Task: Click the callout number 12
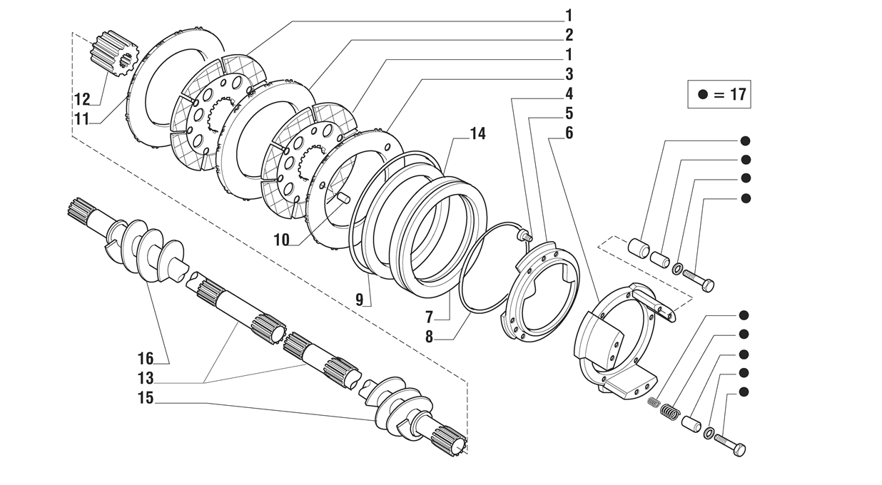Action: point(82,99)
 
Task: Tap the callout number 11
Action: point(82,119)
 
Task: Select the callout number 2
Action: point(569,36)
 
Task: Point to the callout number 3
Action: point(569,74)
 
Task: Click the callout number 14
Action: point(478,134)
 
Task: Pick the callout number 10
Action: point(282,240)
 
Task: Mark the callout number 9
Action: point(360,300)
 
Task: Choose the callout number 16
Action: point(146,359)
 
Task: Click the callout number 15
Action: point(146,398)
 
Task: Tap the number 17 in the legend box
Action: point(738,94)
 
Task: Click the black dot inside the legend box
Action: point(703,94)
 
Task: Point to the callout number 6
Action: point(569,133)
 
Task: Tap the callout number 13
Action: point(146,378)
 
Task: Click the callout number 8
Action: point(429,337)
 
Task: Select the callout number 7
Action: point(429,317)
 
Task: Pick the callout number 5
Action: point(569,113)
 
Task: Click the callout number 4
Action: point(569,94)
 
